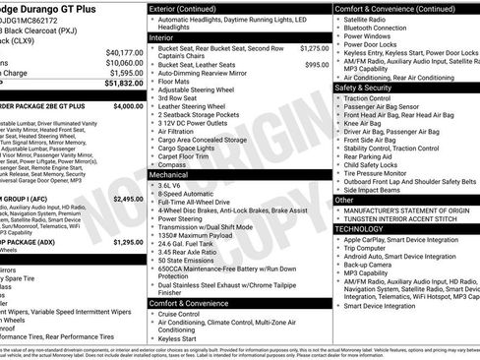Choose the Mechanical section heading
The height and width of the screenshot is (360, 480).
point(170,174)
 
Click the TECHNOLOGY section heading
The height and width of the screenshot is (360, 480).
point(361,227)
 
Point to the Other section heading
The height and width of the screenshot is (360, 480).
point(344,200)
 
